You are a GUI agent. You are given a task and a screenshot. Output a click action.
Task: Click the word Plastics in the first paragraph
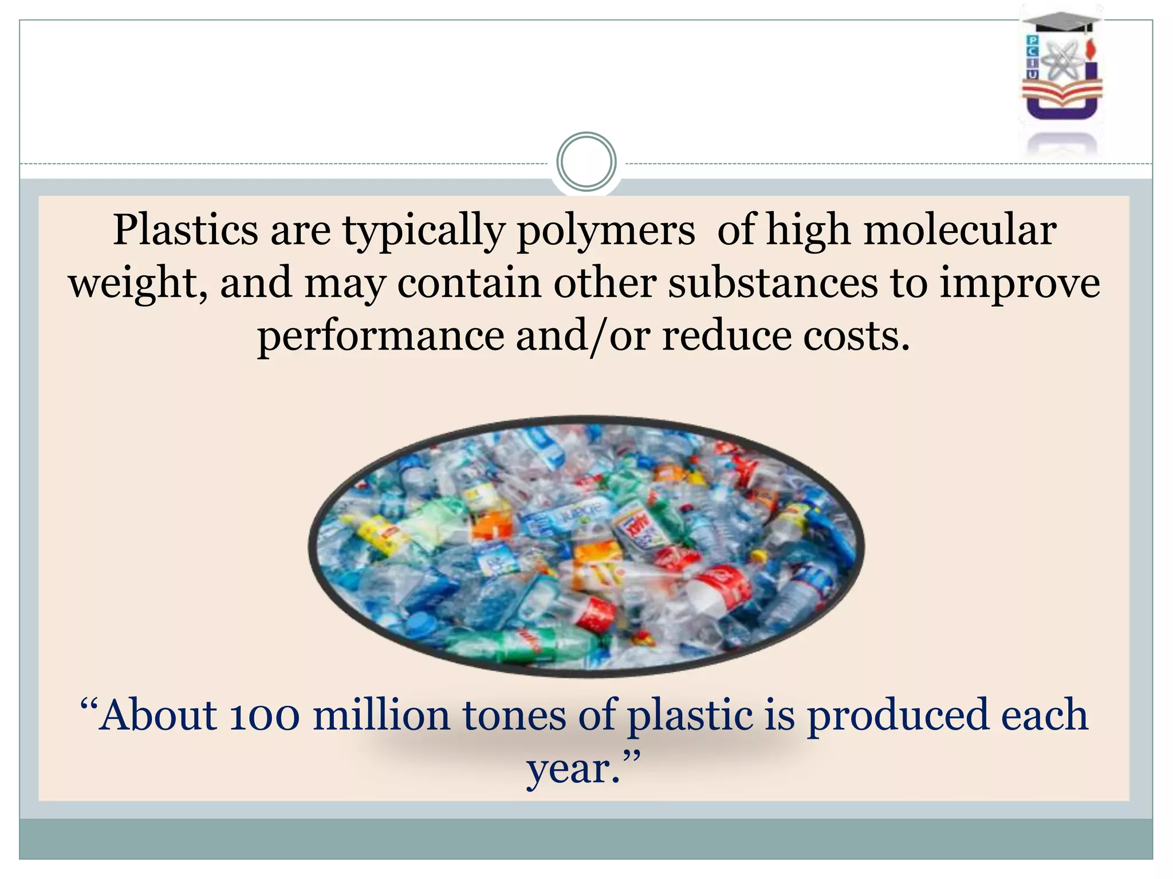click(x=185, y=230)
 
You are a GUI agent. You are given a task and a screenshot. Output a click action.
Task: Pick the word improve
click(x=1020, y=283)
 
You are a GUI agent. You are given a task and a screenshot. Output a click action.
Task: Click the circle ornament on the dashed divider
click(x=586, y=162)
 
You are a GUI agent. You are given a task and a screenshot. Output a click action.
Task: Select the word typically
click(x=423, y=231)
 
